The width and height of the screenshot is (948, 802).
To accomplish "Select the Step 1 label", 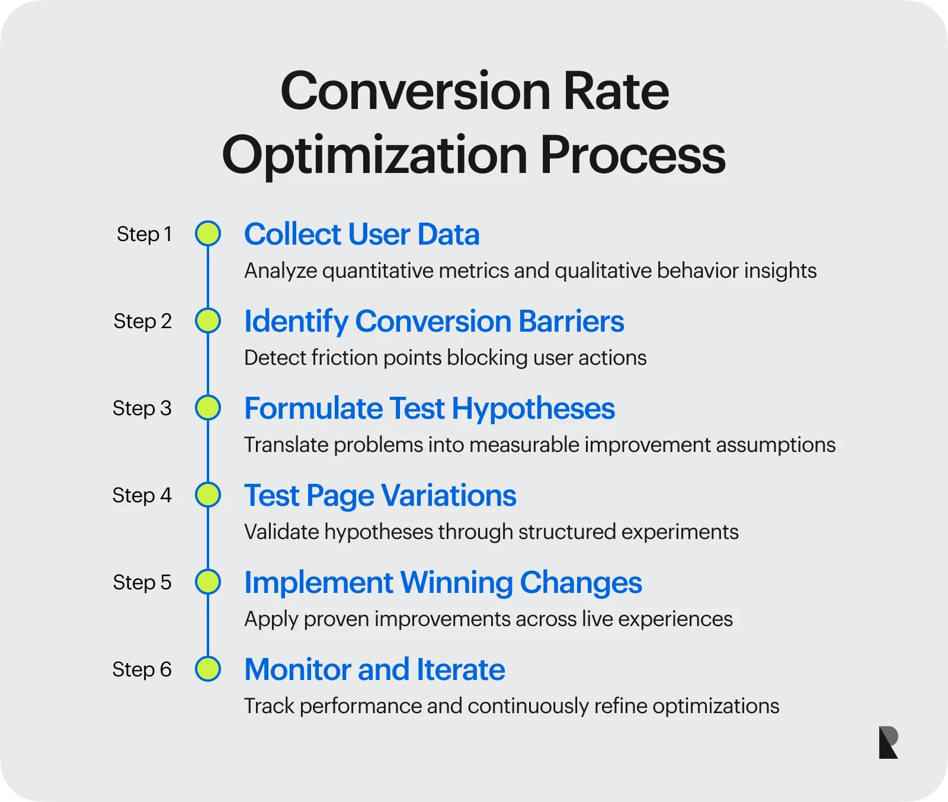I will [144, 234].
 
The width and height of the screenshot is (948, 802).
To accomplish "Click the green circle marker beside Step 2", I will [208, 320].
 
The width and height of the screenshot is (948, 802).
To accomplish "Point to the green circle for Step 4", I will [208, 495].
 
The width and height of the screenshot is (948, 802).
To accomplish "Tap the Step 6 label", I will [142, 669].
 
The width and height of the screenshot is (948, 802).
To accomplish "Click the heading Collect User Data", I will [361, 234].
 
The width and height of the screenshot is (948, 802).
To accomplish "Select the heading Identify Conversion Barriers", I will [434, 321].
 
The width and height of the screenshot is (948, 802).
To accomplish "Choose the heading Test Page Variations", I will [380, 495].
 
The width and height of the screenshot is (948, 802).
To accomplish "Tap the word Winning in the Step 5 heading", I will [456, 582].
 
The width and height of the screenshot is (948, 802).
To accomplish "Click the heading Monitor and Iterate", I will [374, 669].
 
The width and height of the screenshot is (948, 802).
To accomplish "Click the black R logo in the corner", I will [888, 742].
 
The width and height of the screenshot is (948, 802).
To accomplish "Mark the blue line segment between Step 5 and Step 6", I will [208, 626].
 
